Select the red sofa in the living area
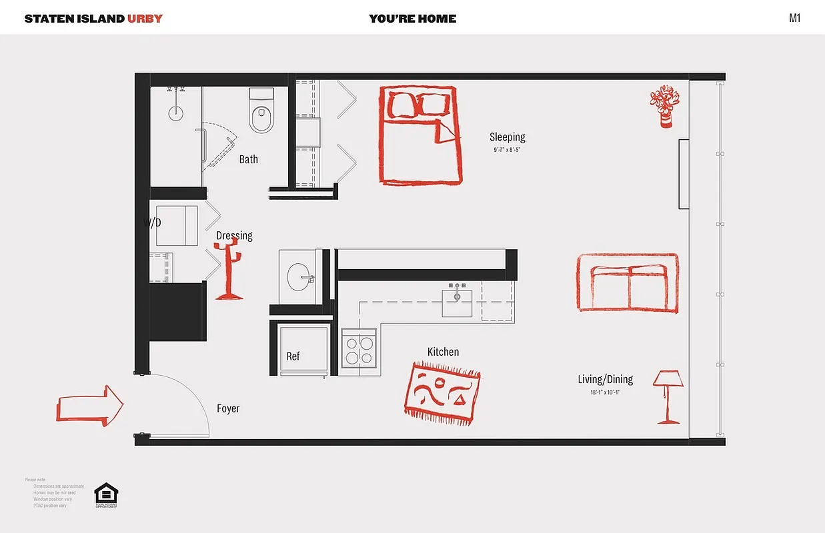pos(627,282)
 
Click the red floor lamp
pos(668,396)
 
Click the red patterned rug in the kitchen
pos(442,393)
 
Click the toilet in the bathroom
pos(260,111)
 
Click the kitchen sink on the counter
pos(458,302)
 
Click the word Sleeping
pos(507,137)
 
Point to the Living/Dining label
pos(605,380)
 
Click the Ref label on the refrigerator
pos(293,356)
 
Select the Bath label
pos(248,159)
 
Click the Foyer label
pos(228,408)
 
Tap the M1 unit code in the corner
pos(794,18)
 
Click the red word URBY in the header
pos(145,18)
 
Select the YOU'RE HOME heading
pos(412,19)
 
